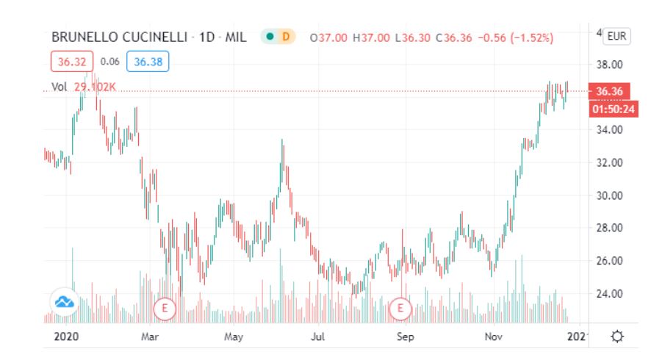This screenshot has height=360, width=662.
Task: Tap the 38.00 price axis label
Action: point(609,65)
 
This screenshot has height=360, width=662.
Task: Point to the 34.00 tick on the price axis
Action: point(609,130)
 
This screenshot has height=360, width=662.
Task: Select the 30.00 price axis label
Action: point(609,195)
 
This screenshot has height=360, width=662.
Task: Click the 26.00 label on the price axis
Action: point(609,261)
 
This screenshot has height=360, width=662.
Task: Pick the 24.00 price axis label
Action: point(609,294)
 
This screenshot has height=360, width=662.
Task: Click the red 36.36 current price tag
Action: point(610,91)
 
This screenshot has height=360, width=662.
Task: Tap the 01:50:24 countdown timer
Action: point(610,109)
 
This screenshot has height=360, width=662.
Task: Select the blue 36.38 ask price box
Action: point(148,62)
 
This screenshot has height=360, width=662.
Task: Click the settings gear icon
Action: point(617,336)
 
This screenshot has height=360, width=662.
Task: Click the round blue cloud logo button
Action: point(65,301)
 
